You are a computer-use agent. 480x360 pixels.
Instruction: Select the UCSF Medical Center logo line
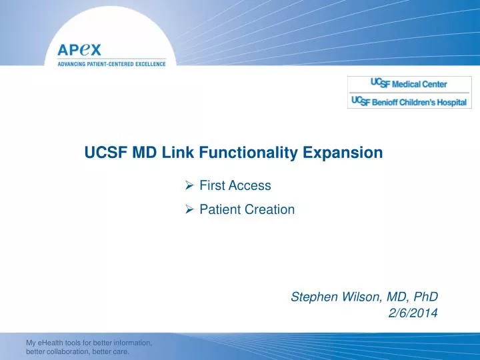point(409,84)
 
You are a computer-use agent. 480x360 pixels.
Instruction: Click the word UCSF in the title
point(104,153)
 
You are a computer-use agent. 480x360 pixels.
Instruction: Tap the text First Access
point(235,185)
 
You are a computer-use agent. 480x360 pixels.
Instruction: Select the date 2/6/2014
point(413,315)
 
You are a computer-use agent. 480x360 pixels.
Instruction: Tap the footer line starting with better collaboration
point(77,352)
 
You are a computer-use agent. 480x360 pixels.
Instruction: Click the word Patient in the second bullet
point(221,209)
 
